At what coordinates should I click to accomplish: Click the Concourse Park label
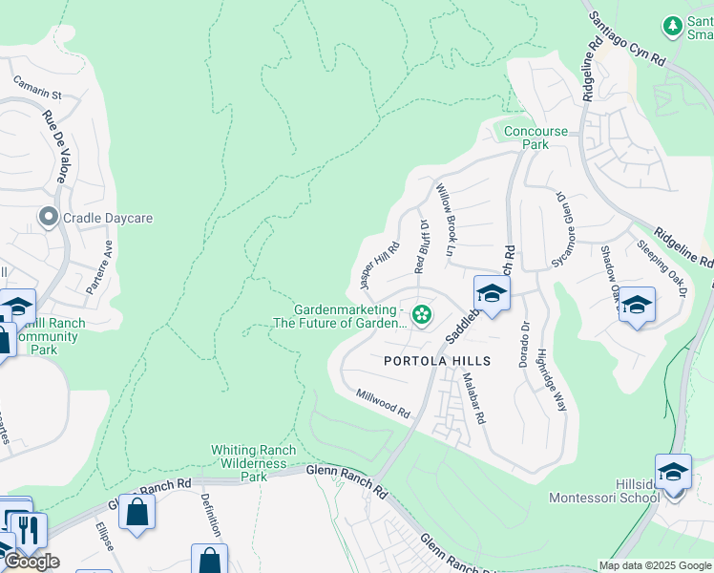(x=535, y=138)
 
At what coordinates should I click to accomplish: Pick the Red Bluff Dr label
(x=420, y=245)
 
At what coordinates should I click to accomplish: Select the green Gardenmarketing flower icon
(x=421, y=313)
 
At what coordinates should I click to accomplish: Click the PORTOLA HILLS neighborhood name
(x=437, y=361)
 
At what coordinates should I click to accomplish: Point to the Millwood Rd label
(x=382, y=403)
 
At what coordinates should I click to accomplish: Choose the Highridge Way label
(x=553, y=379)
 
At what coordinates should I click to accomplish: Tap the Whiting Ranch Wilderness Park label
(x=248, y=462)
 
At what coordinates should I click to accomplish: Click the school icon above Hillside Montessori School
(x=673, y=472)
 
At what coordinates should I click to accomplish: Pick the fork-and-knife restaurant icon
(x=28, y=530)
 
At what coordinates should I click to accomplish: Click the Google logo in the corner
(x=31, y=562)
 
